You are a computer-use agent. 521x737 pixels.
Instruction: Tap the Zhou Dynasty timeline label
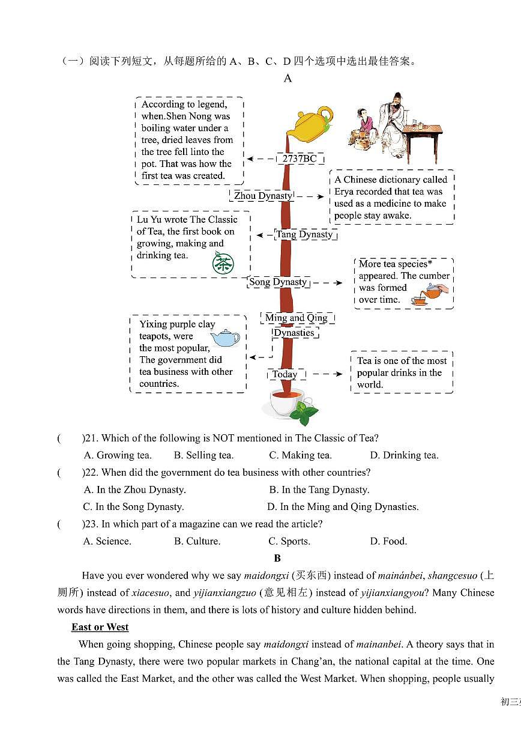(263, 196)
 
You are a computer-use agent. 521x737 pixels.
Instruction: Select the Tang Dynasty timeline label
(304, 234)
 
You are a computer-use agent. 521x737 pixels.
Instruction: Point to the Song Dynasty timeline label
(278, 282)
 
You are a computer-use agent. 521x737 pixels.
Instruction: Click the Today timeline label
(285, 374)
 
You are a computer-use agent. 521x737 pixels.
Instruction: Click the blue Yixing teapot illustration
(224, 338)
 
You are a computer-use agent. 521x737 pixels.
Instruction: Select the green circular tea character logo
(223, 263)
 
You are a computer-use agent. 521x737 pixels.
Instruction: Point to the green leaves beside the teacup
(306, 413)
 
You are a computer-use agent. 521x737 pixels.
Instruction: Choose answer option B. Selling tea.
(203, 455)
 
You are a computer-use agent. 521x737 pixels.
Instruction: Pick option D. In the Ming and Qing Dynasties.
(343, 507)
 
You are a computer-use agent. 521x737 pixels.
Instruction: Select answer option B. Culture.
(197, 541)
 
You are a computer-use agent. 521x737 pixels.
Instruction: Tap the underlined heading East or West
(100, 627)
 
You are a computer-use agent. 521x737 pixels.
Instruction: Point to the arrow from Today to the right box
(327, 374)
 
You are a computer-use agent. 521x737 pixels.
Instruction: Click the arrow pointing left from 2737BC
(260, 159)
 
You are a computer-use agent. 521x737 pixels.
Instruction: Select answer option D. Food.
(388, 541)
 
